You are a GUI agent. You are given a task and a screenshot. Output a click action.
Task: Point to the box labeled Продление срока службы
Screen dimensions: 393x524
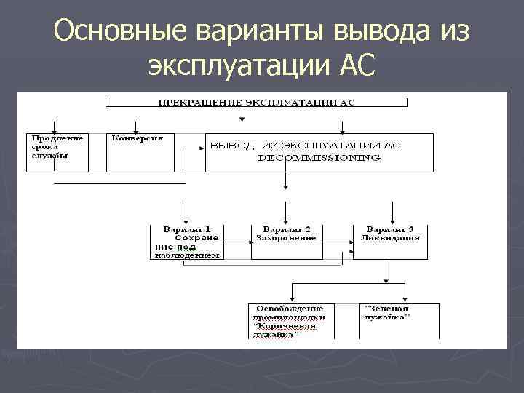pos(57,151)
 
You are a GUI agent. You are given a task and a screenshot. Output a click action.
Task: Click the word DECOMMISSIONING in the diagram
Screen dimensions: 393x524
pos(319,157)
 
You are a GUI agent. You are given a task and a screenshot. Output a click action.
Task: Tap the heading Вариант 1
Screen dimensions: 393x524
pos(187,229)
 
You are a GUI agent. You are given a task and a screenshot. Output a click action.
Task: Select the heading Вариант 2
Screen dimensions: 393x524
pos(285,229)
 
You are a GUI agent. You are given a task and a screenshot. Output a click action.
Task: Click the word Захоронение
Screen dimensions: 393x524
pos(285,238)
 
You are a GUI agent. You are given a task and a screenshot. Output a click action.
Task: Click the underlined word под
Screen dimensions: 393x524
pos(189,247)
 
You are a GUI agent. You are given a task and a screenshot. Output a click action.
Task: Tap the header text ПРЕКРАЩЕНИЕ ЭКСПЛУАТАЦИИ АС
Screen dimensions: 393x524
pos(257,103)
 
